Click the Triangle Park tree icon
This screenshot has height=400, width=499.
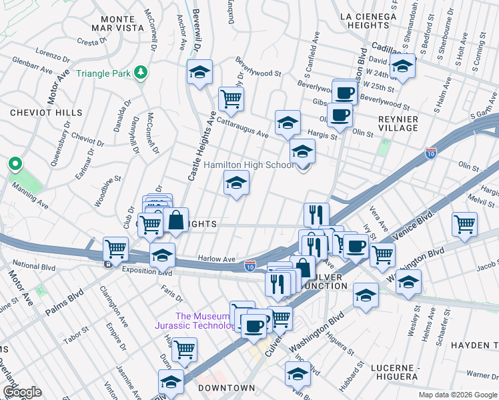pyautogui.click(x=141, y=72)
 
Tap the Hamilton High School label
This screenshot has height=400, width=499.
pyautogui.click(x=248, y=165)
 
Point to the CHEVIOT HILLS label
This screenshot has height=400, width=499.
pyautogui.click(x=46, y=113)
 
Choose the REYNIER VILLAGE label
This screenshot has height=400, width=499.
pyautogui.click(x=398, y=124)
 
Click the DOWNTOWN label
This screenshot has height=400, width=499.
pyautogui.click(x=225, y=388)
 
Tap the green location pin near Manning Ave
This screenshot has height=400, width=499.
pyautogui.click(x=15, y=164)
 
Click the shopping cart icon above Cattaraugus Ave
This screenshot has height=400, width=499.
pyautogui.click(x=231, y=99)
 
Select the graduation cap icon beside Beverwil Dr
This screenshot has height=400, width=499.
pyautogui.click(x=199, y=73)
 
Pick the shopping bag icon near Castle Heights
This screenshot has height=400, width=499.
pyautogui.click(x=176, y=221)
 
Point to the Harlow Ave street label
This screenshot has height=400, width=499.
pyautogui.click(x=217, y=259)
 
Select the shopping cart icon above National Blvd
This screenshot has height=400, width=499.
pyautogui.click(x=116, y=249)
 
